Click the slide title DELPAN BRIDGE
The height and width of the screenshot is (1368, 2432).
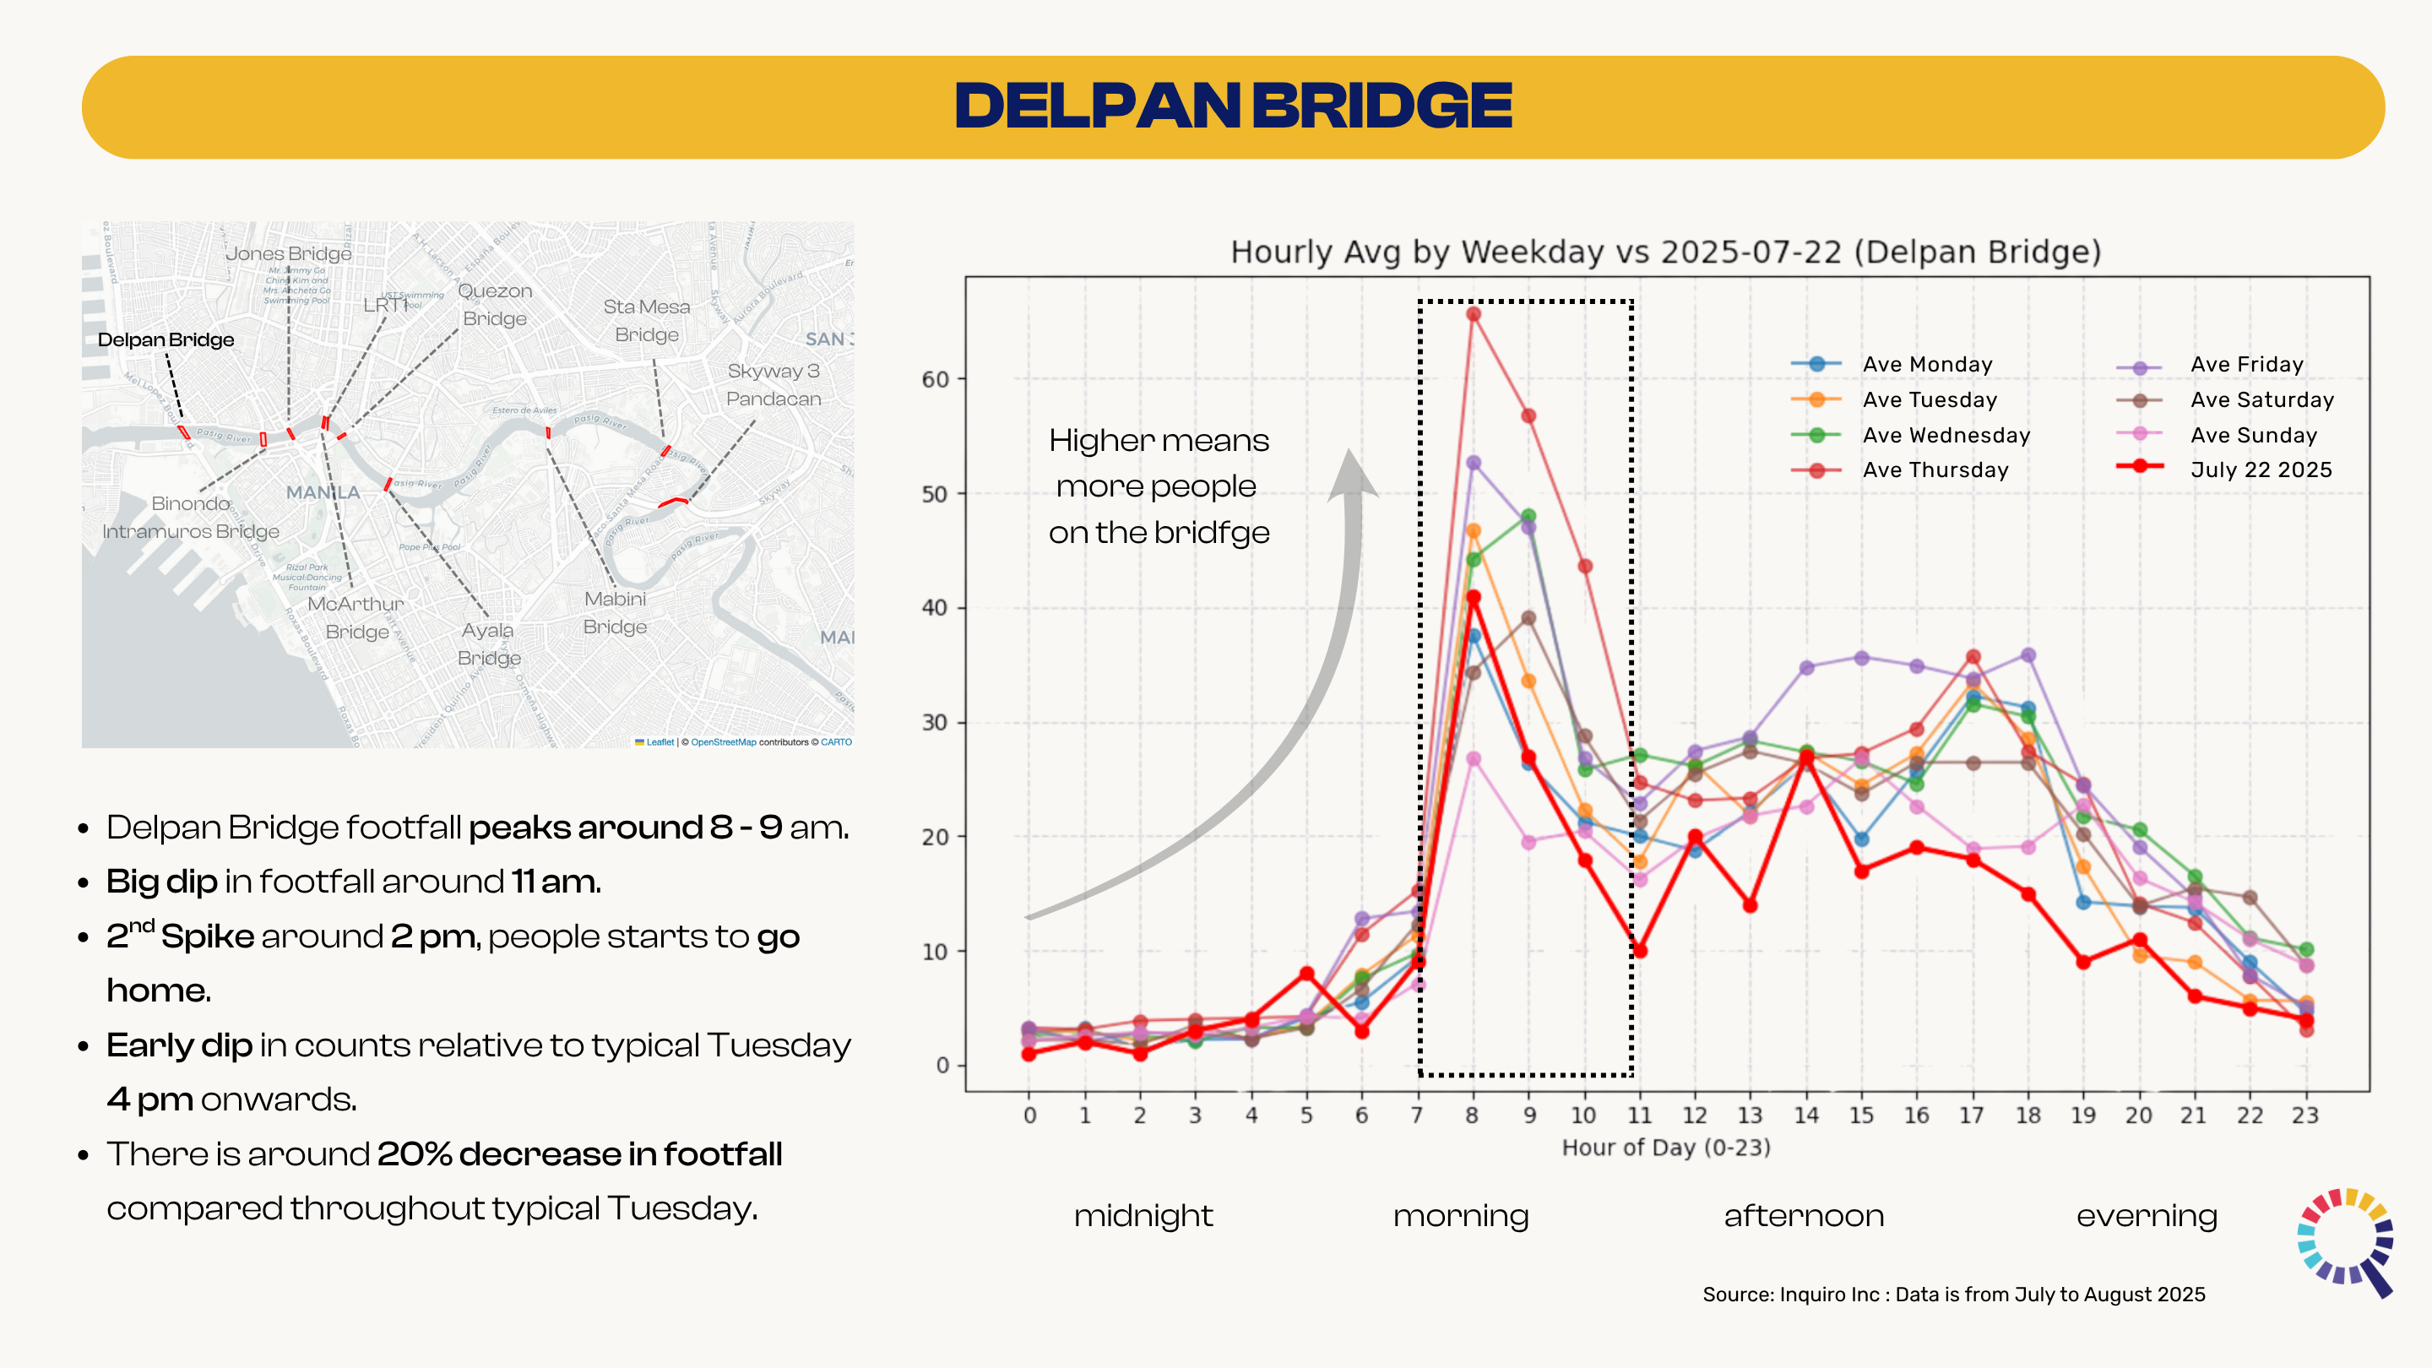tap(1233, 106)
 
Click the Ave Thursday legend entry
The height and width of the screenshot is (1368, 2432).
tap(1935, 470)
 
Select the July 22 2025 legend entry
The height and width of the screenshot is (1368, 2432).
tap(2261, 470)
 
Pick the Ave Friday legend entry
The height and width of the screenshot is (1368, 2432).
tap(2246, 365)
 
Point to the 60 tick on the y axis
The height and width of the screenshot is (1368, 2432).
tap(935, 379)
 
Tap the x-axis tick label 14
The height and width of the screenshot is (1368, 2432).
tap(1805, 1115)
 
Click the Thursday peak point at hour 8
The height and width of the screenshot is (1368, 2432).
tap(1473, 314)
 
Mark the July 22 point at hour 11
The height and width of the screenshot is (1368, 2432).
tap(1640, 951)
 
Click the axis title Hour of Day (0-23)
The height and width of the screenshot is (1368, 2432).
tap(1665, 1148)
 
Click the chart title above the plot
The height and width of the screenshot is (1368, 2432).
tap(1665, 252)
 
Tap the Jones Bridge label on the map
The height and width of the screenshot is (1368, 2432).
tap(288, 253)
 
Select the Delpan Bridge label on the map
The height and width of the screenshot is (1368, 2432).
tap(166, 339)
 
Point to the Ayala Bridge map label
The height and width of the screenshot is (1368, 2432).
tap(488, 643)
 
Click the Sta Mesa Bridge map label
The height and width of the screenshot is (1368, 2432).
tap(647, 320)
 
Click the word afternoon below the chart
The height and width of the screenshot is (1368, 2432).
tap(1803, 1216)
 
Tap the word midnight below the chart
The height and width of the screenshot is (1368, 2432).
tap(1143, 1216)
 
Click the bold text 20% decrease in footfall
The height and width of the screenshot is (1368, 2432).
tap(578, 1154)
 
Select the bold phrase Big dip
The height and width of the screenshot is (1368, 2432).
tap(161, 882)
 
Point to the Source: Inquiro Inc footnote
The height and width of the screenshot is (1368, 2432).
tap(1953, 1295)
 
